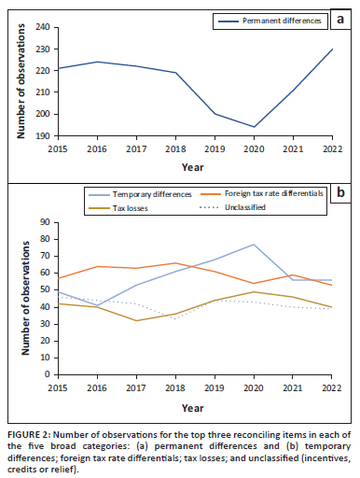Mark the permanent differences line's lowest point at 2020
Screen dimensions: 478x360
[252, 127]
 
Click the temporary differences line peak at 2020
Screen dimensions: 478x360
[252, 245]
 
